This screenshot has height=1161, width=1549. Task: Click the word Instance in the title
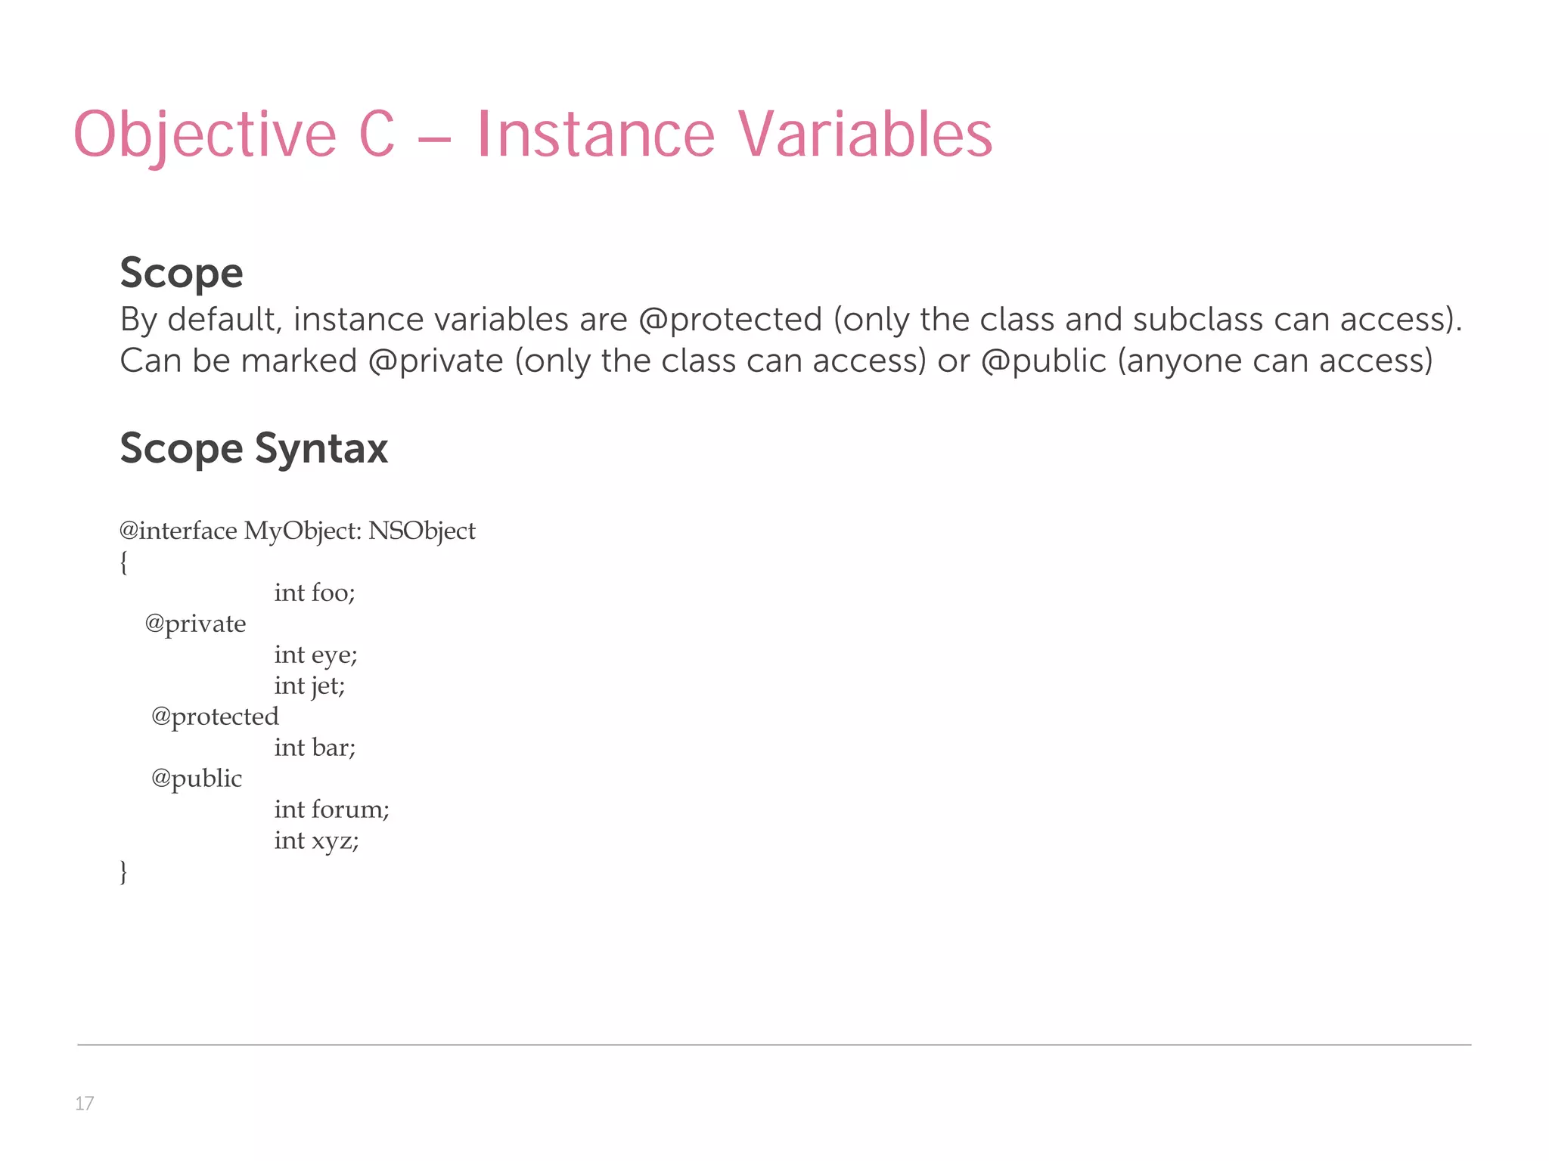click(595, 135)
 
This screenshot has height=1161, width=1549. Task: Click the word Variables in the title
click(865, 135)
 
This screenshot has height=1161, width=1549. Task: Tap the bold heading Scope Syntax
click(254, 448)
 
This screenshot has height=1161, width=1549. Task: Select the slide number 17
click(84, 1104)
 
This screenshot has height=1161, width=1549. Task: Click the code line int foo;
click(314, 593)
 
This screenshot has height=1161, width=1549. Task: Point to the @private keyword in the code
click(195, 624)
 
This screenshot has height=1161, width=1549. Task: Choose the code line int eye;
click(315, 655)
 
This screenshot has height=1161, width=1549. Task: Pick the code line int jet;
click(309, 686)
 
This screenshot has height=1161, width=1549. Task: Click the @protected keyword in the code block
click(215, 717)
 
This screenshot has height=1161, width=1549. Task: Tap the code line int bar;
click(315, 748)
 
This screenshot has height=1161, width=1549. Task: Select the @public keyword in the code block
click(197, 779)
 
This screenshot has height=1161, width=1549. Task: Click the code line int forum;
click(331, 810)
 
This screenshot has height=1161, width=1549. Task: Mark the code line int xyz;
click(316, 841)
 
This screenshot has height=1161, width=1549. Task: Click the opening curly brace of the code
click(123, 562)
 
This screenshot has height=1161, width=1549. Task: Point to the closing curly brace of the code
click(123, 872)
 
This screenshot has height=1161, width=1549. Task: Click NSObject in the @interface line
click(421, 531)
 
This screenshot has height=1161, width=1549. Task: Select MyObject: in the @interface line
click(303, 531)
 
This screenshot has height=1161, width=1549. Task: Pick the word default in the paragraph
click(224, 320)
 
